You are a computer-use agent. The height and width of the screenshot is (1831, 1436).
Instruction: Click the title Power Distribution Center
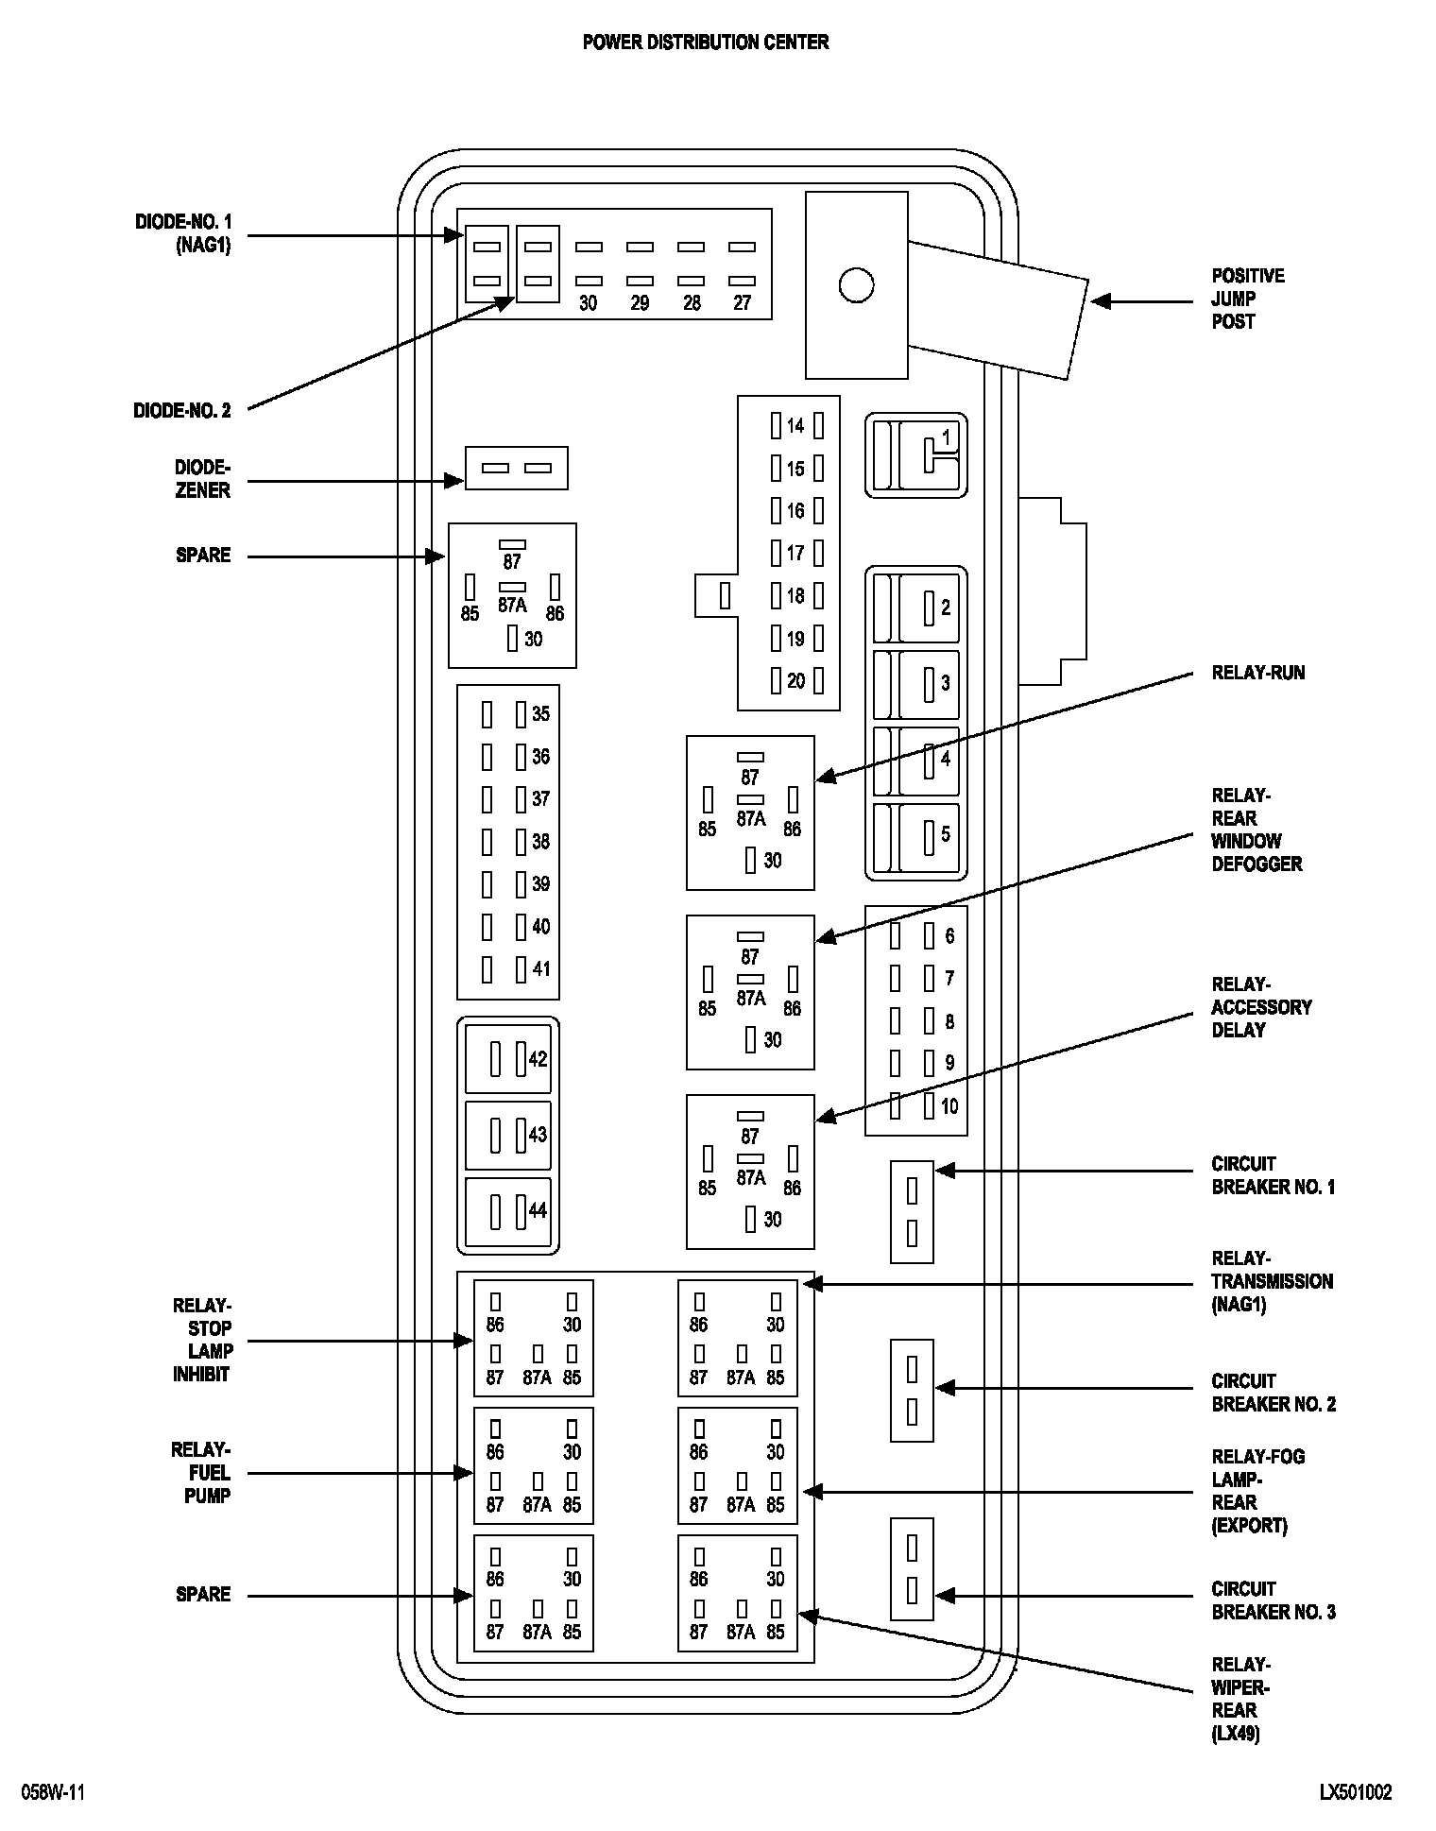706,43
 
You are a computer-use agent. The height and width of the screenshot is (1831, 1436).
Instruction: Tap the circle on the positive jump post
856,285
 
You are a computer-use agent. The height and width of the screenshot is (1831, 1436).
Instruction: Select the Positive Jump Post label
1248,299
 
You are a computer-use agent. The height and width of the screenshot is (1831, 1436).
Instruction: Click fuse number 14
795,426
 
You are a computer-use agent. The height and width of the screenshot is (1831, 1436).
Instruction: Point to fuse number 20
795,681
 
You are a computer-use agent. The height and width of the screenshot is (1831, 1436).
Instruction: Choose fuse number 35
539,714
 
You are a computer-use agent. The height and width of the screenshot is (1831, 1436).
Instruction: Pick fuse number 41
539,969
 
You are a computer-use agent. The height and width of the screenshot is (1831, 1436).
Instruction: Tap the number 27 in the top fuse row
742,303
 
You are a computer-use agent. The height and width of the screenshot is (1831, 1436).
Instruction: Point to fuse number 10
949,1106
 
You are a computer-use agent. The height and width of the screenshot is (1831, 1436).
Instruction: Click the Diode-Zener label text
202,479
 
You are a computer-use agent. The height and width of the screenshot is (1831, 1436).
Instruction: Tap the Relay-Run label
1257,673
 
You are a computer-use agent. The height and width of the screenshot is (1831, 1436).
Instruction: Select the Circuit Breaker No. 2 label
1274,1393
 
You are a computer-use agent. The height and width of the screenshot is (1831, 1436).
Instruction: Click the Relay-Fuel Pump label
201,1473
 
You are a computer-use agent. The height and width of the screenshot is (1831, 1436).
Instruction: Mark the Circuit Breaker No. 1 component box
912,1211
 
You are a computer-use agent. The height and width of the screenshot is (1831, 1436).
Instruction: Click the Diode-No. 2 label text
182,411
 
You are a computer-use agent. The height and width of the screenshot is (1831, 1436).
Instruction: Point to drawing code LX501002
1356,1792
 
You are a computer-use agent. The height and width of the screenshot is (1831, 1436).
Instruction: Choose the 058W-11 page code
54,1792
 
